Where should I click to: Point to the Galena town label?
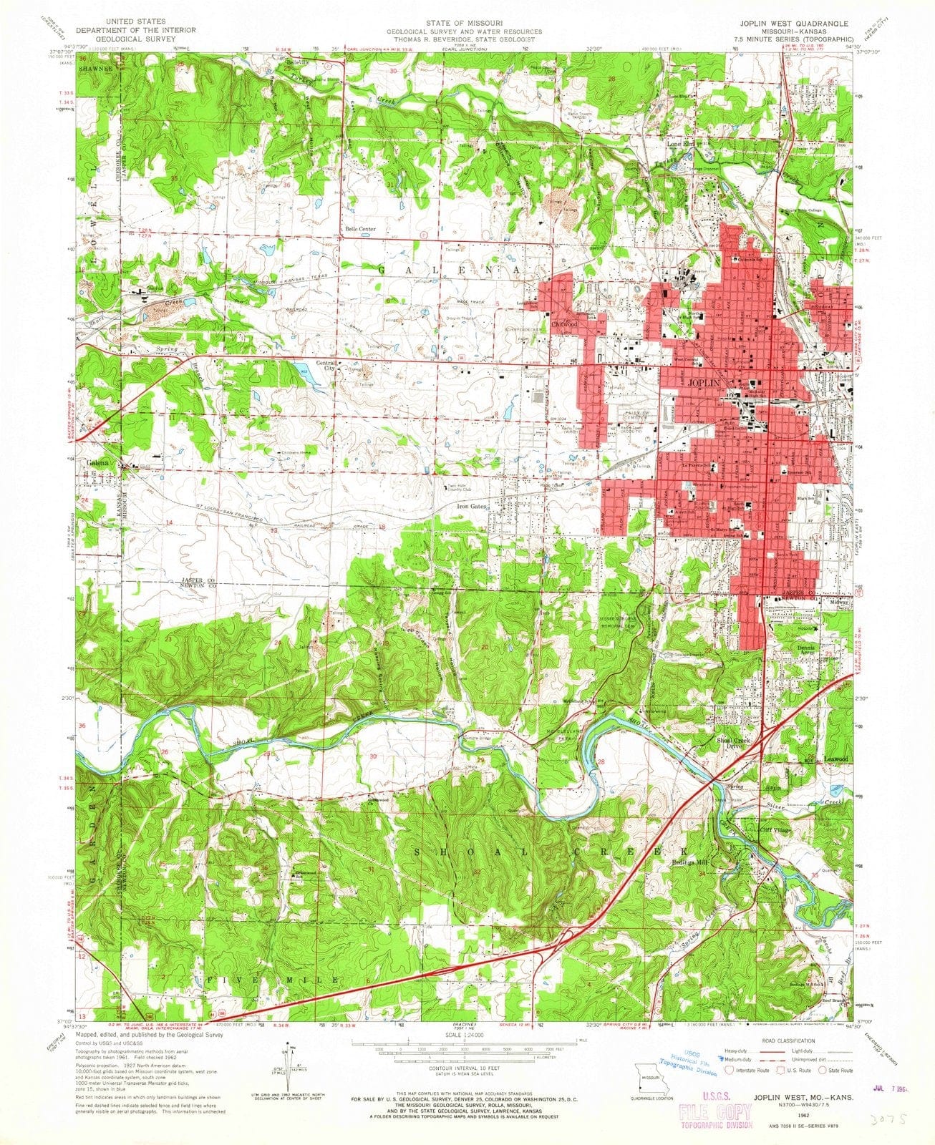(99, 463)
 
